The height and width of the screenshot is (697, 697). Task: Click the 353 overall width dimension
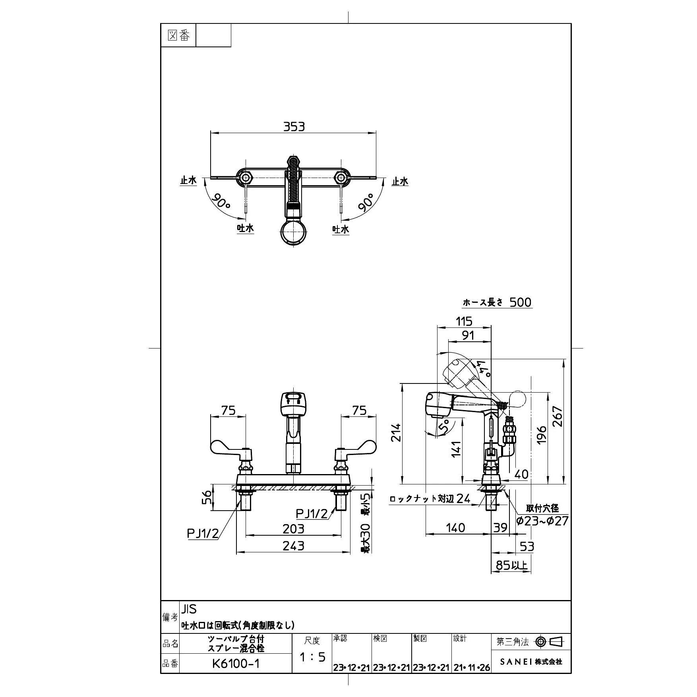point(294,127)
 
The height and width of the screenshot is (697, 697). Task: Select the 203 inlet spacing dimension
point(293,529)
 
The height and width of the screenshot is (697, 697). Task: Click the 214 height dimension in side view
point(396,433)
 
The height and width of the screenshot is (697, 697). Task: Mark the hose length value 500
point(520,302)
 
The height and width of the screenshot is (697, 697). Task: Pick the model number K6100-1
point(236,664)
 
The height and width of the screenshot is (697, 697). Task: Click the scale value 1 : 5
point(312,657)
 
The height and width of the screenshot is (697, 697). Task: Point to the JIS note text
point(189,609)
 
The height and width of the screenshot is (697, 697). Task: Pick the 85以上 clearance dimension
point(511,565)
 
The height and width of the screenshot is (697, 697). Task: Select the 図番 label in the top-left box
point(178,36)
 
